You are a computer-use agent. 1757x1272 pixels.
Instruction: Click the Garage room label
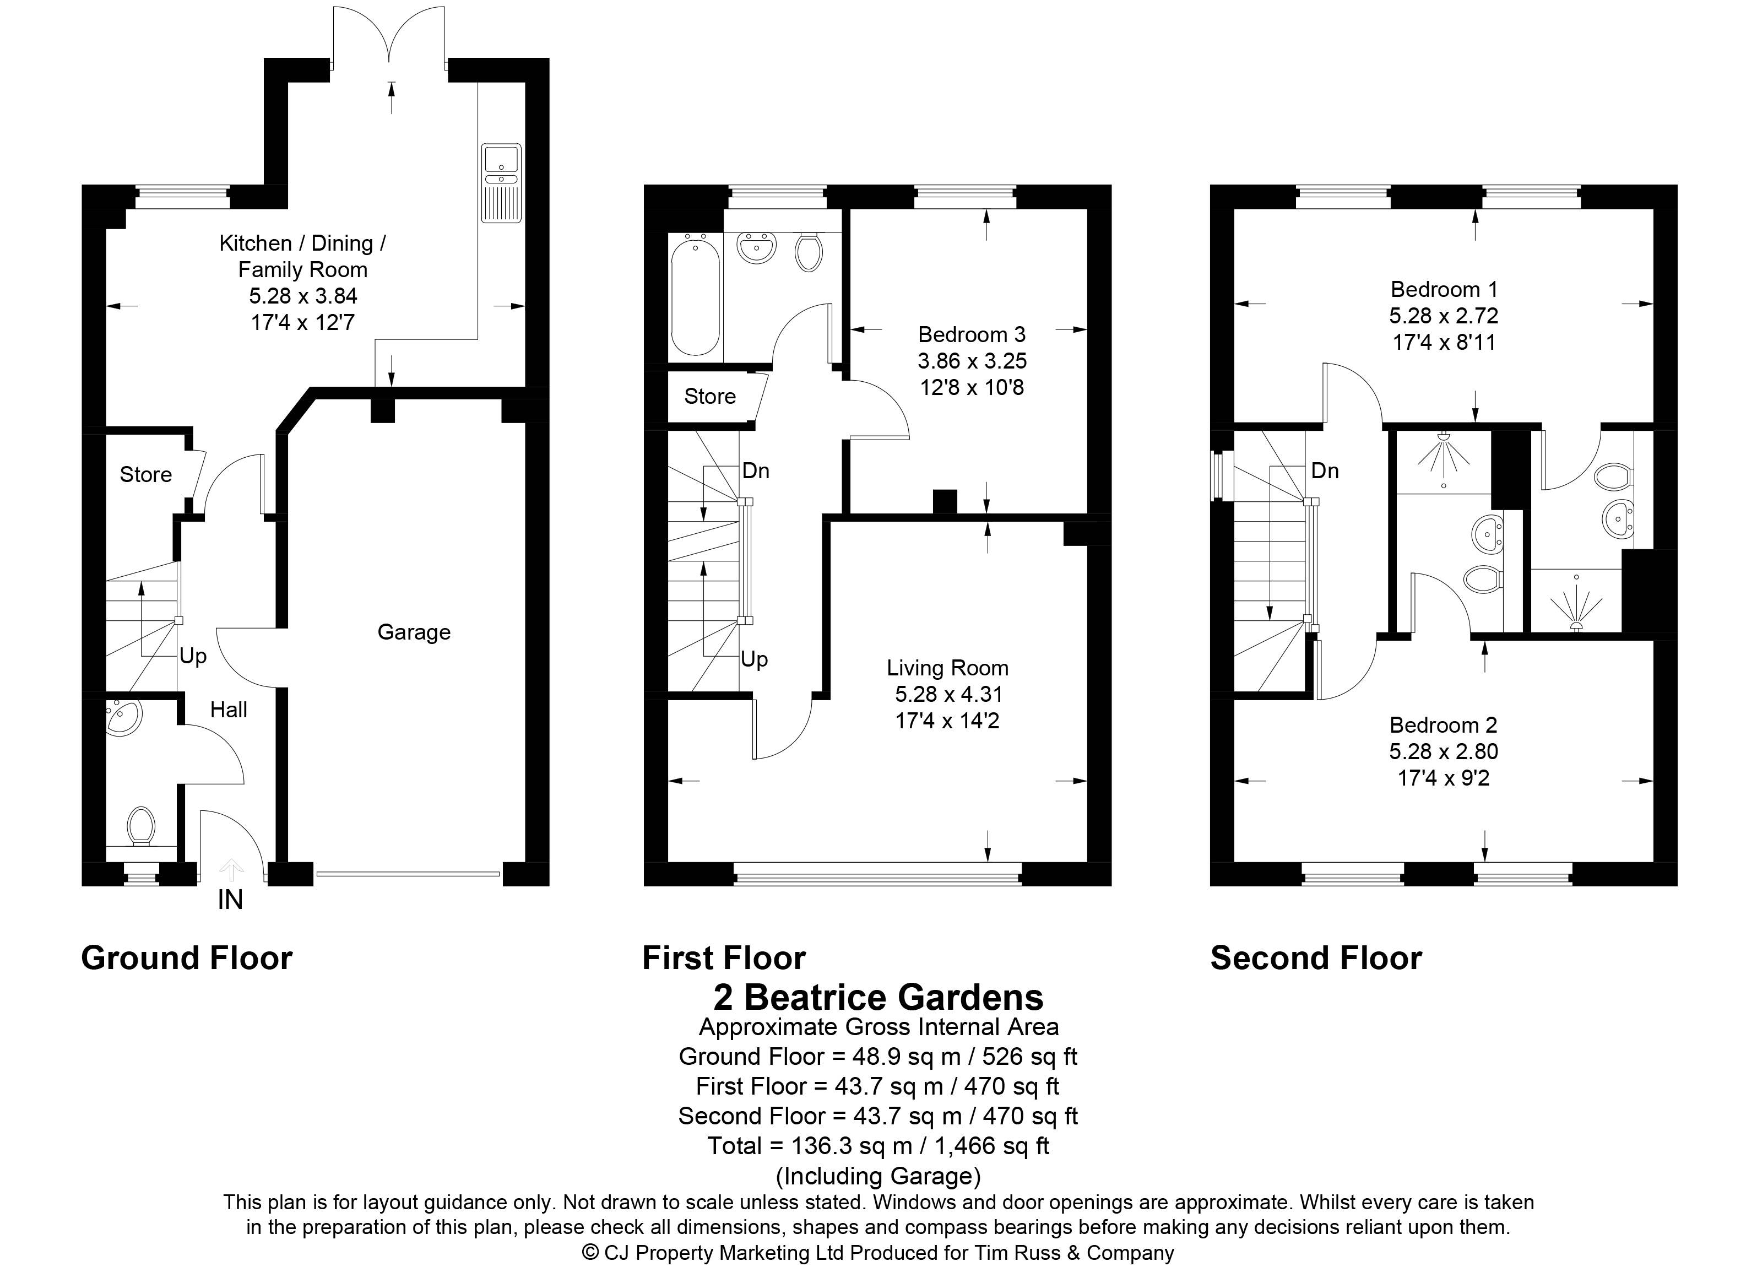pos(414,633)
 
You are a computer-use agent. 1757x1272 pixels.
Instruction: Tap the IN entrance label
pos(230,900)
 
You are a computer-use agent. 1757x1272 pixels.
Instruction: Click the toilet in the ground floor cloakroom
pos(140,826)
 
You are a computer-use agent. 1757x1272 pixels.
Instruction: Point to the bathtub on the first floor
pos(695,297)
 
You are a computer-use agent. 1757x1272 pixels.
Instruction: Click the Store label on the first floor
pos(709,397)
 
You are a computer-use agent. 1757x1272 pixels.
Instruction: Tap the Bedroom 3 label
pos(972,334)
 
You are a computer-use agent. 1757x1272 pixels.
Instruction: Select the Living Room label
pos(947,668)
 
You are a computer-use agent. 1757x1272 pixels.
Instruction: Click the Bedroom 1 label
pos(1444,290)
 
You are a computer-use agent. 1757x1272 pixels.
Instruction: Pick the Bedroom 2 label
pos(1443,725)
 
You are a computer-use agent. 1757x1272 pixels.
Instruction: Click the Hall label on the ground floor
pos(229,710)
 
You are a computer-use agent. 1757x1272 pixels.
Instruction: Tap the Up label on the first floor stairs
pos(754,659)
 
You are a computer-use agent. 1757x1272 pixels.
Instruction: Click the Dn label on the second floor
pos(1325,471)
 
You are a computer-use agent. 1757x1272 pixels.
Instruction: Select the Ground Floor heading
pos(187,958)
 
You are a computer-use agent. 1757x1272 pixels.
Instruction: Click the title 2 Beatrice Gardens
pos(878,997)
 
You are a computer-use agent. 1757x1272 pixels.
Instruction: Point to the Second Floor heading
pos(1316,958)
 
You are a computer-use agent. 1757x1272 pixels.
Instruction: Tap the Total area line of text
pos(878,1146)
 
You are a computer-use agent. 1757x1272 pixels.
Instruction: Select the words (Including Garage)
pos(878,1176)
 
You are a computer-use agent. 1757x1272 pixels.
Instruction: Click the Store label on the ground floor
pos(145,474)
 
